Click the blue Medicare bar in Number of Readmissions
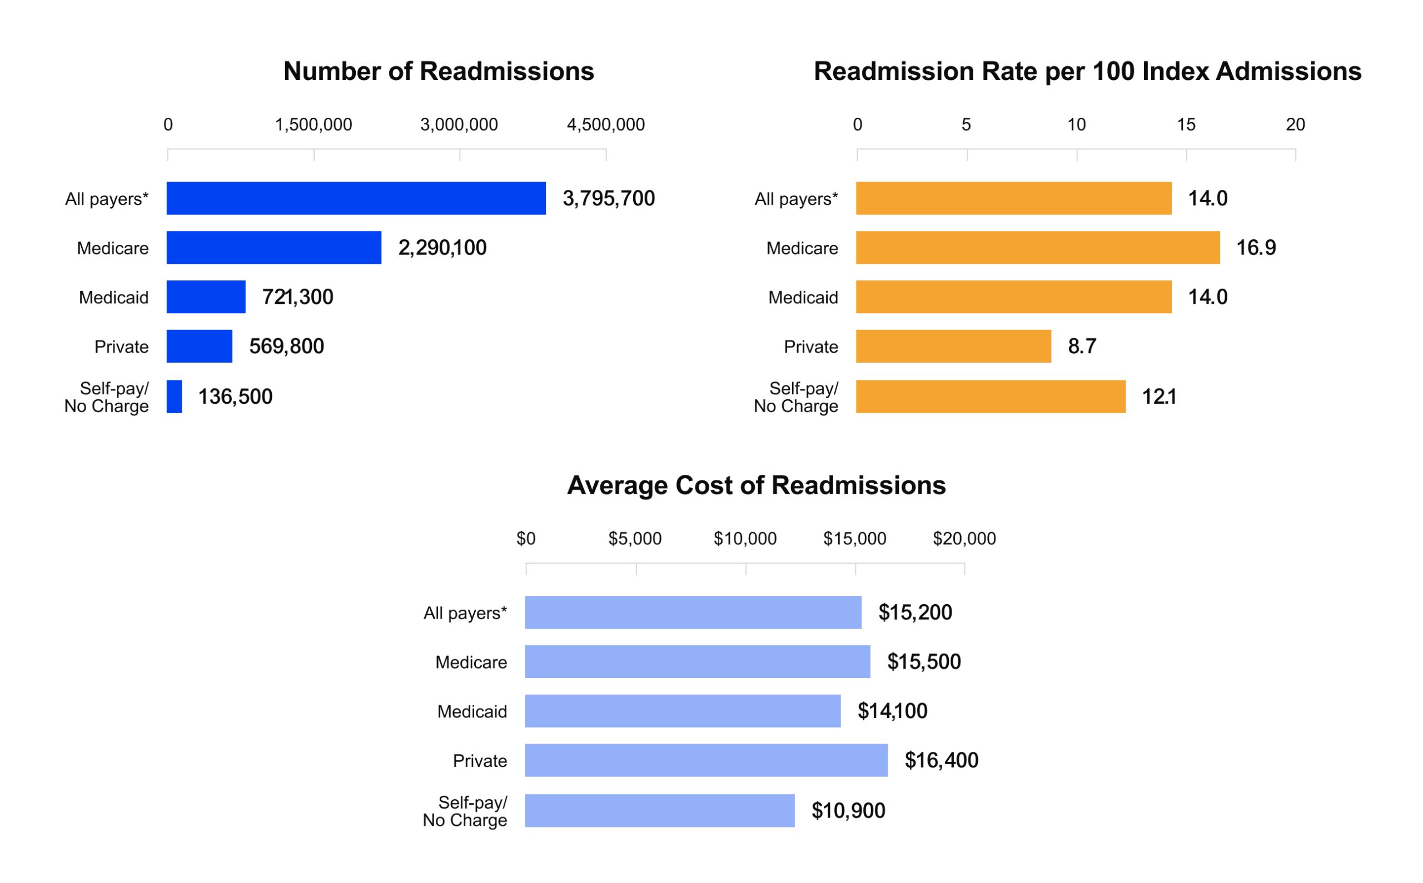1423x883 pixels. click(x=275, y=248)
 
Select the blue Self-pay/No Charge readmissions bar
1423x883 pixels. click(x=175, y=398)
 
